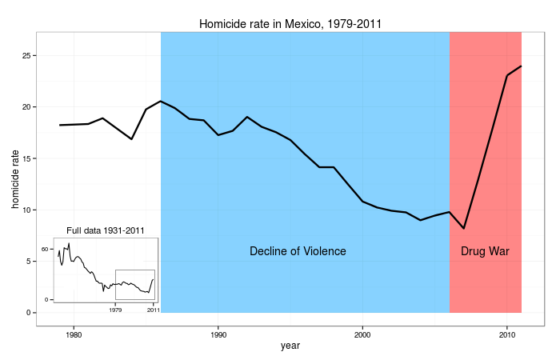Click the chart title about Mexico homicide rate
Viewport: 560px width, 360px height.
290,24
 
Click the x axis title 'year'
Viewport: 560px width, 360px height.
290,346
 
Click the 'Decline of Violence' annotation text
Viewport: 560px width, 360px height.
298,251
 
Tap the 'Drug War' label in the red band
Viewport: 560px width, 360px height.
485,251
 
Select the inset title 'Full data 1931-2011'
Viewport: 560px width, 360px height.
105,231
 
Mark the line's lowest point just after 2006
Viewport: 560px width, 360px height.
464,229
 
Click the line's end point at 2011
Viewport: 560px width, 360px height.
522,66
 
